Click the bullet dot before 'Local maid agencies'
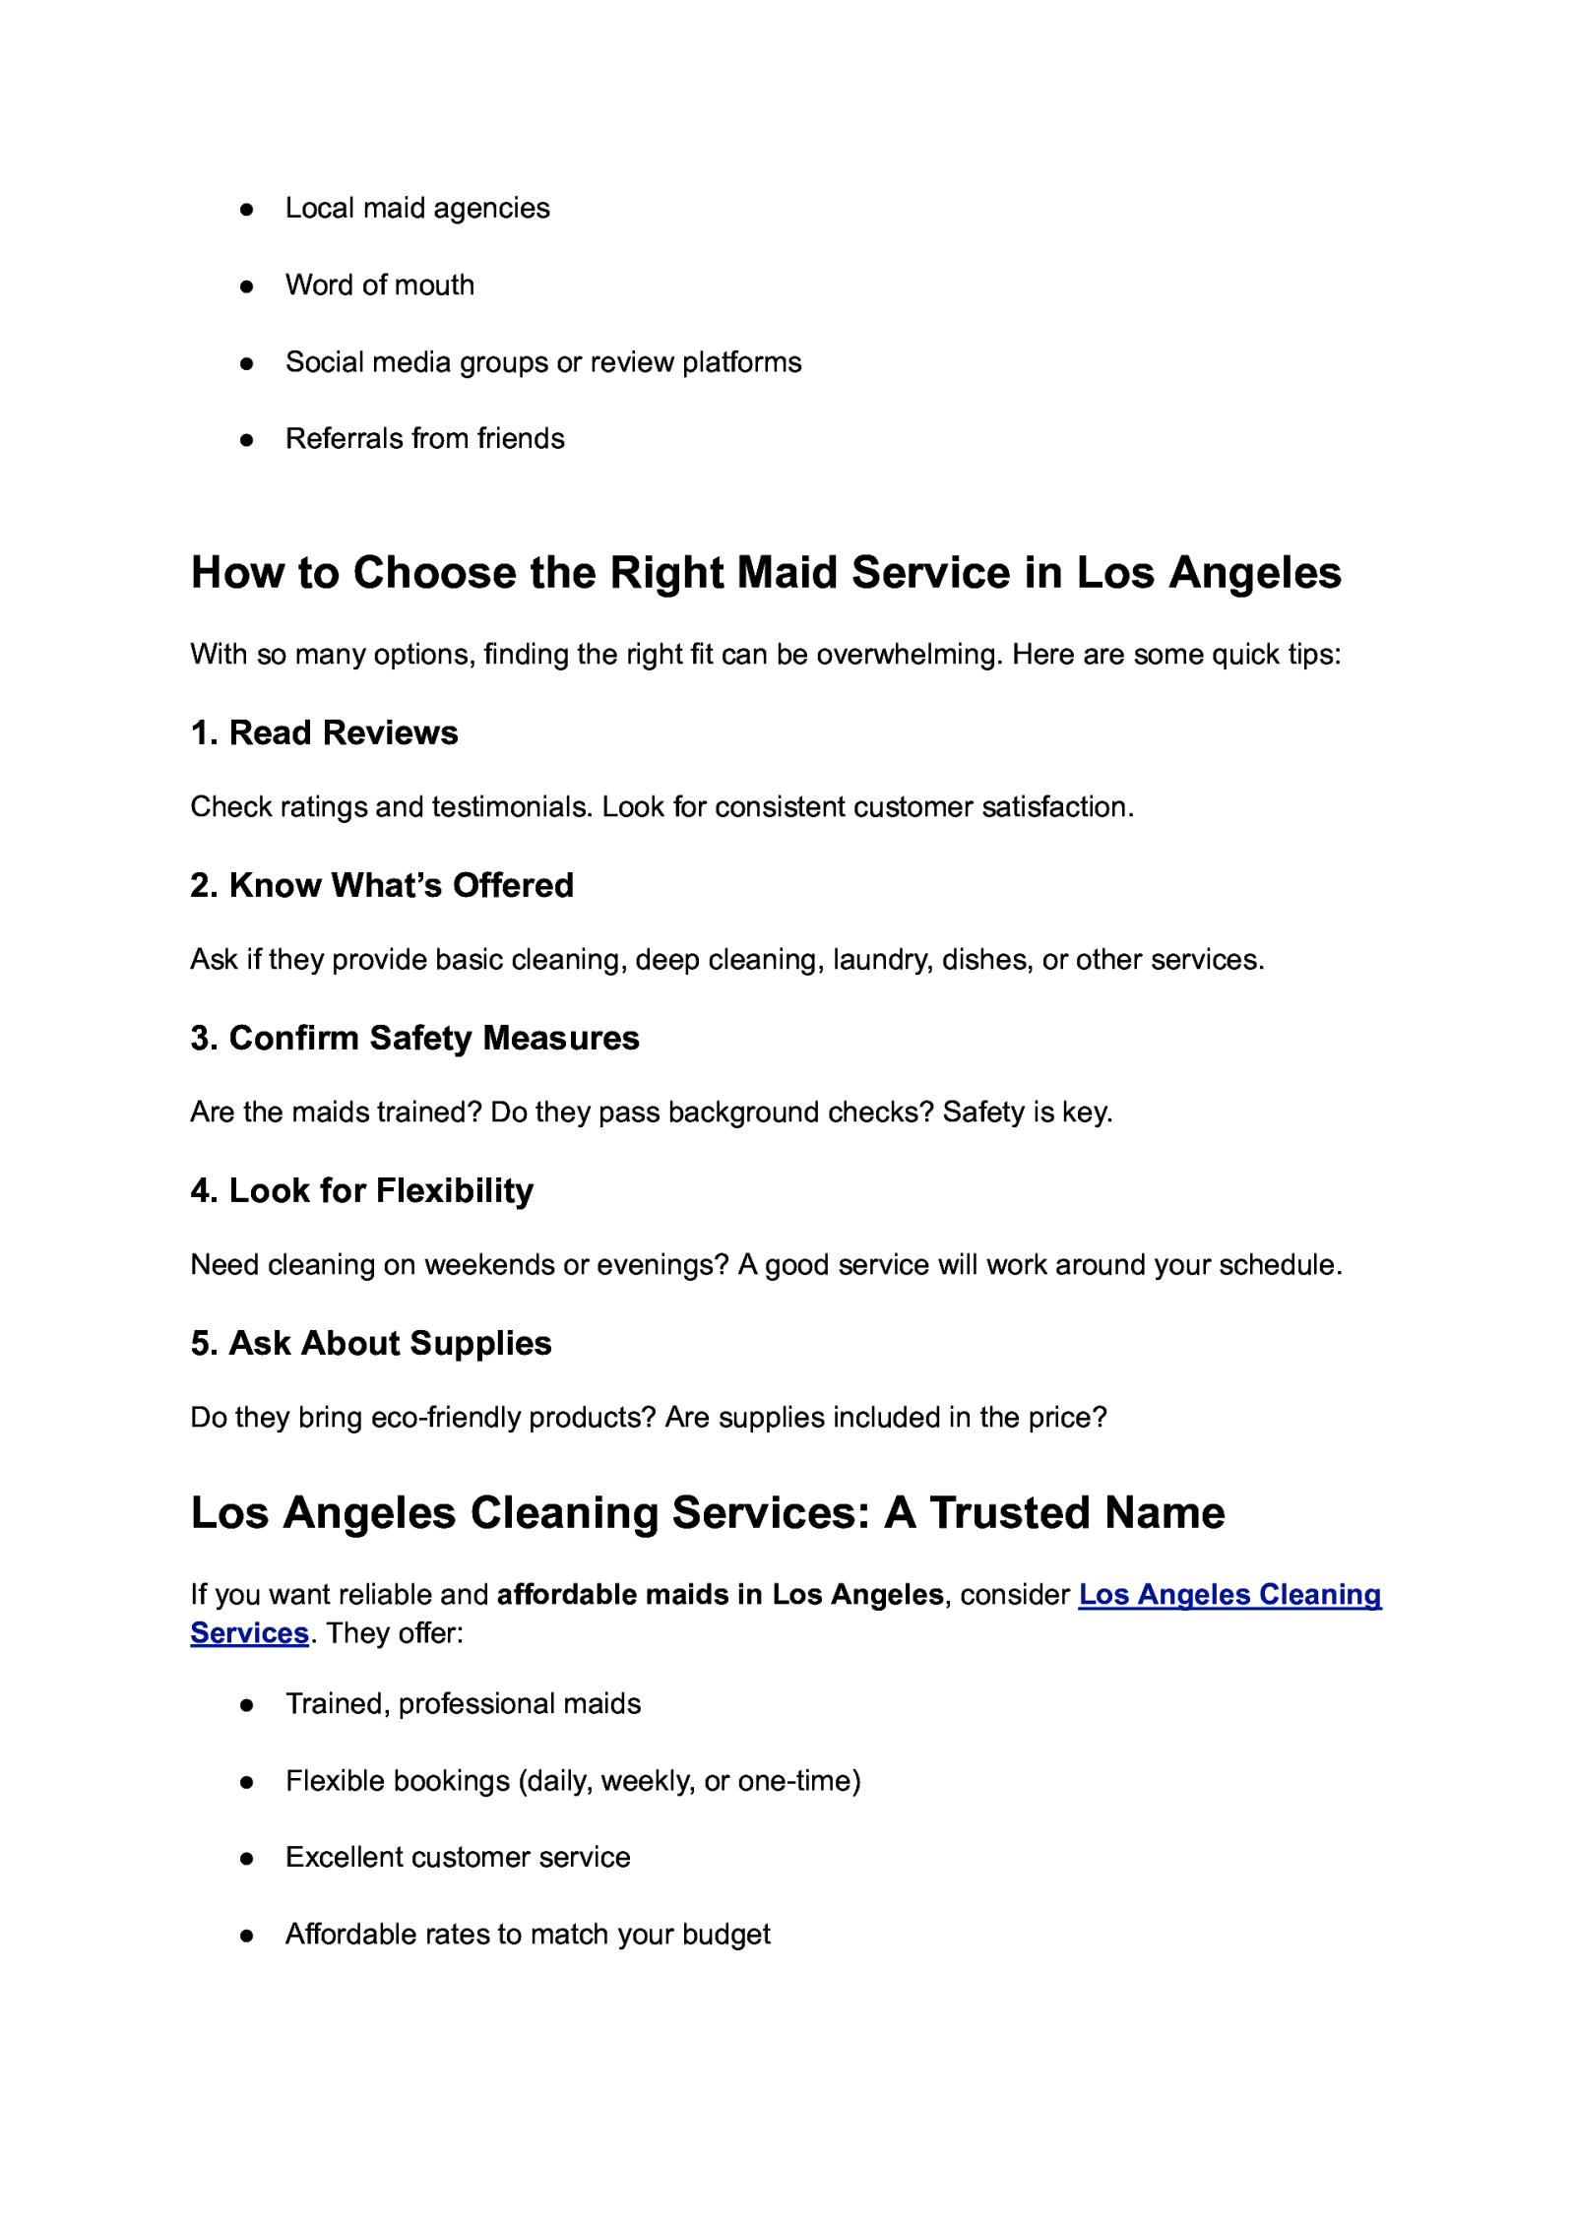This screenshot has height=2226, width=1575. (247, 210)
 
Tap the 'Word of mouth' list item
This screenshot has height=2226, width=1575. (379, 286)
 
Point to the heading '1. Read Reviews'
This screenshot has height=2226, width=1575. (324, 732)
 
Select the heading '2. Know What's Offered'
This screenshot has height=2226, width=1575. (381, 885)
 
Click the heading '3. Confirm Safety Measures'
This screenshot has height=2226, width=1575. (414, 1038)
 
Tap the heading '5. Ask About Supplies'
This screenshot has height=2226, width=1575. (370, 1343)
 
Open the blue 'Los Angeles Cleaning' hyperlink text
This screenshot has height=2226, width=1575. (1228, 1595)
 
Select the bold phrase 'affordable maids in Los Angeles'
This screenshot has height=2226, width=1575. (720, 1595)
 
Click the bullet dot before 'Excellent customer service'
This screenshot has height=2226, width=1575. (247, 1859)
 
